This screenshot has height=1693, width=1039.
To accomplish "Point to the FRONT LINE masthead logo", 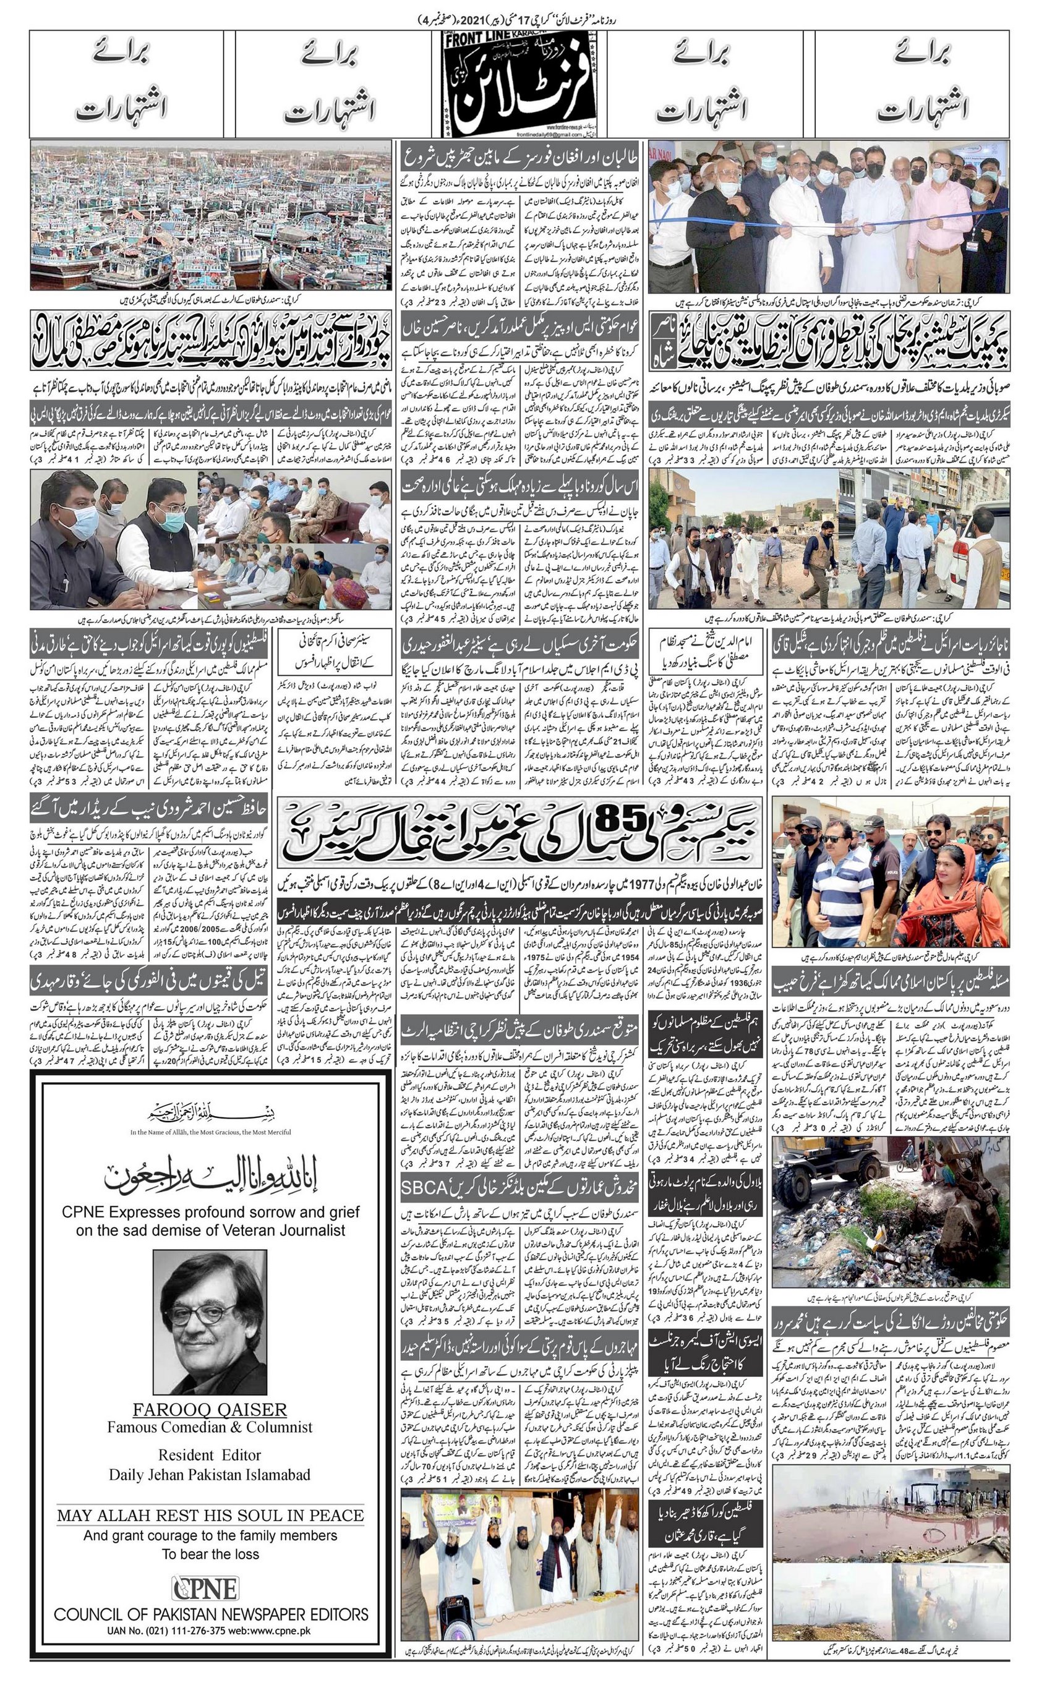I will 519,85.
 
